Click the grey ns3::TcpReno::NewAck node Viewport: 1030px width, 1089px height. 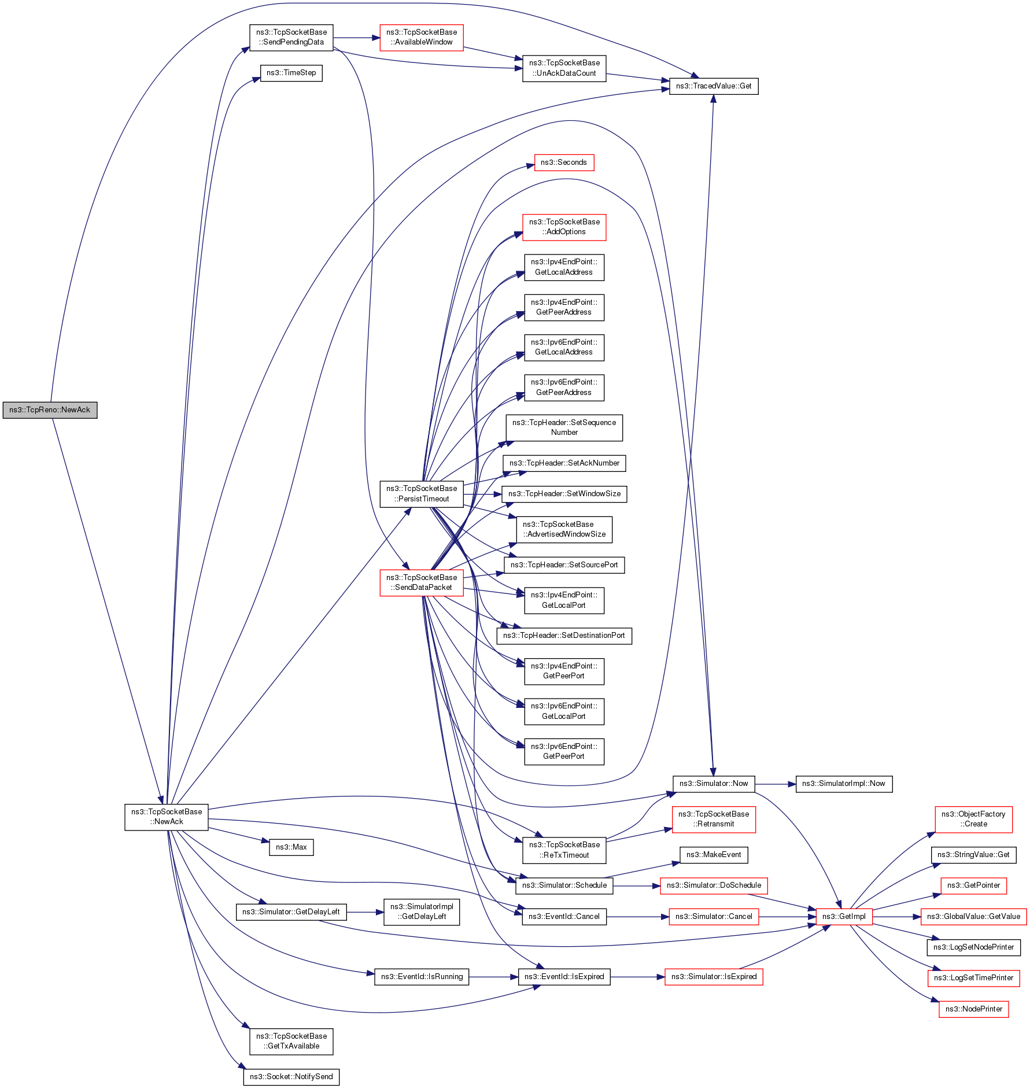coord(50,410)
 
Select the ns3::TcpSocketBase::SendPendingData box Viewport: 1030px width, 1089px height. coord(291,38)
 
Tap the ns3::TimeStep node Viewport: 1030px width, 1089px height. coord(291,73)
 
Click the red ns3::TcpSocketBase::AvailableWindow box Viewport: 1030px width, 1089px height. coord(422,38)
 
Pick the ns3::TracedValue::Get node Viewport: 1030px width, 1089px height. coord(714,86)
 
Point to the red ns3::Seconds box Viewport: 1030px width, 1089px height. coord(564,163)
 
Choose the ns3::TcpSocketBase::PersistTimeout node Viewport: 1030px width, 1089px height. coord(422,494)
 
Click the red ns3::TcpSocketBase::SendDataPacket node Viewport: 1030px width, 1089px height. coord(422,582)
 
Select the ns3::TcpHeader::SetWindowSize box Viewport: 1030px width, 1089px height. coord(564,494)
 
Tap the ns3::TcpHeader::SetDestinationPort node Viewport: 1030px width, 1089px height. coord(564,636)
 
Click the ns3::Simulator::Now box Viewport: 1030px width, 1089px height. coord(714,784)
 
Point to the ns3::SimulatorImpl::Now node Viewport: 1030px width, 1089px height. coord(844,784)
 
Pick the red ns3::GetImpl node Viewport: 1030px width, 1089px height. coord(844,917)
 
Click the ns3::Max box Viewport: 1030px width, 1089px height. coord(291,847)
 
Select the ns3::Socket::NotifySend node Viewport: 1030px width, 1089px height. coord(291,1077)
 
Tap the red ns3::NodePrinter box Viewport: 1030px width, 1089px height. coord(974,1009)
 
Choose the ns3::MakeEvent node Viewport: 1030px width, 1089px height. coord(714,855)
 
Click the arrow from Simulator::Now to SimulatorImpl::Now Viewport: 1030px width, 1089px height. coord(775,784)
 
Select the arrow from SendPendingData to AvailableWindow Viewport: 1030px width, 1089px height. coord(356,38)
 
